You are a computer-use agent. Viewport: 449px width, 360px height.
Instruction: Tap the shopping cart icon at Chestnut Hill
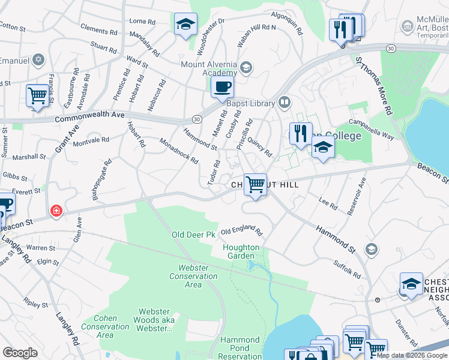[x=256, y=185]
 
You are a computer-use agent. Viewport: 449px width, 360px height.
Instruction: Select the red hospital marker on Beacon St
[x=56, y=211]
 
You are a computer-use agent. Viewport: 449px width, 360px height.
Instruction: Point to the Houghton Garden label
[x=241, y=251]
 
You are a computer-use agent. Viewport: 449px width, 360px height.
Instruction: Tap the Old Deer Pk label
[x=193, y=235]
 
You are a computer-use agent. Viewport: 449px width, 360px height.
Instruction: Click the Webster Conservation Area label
[x=193, y=276]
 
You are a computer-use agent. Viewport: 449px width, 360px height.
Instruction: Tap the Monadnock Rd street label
[x=179, y=151]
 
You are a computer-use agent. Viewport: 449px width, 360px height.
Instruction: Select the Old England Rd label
[x=242, y=232]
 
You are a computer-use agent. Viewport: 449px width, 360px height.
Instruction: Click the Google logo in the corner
[x=20, y=353]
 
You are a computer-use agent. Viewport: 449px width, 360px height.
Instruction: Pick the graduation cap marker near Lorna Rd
[x=185, y=25]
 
